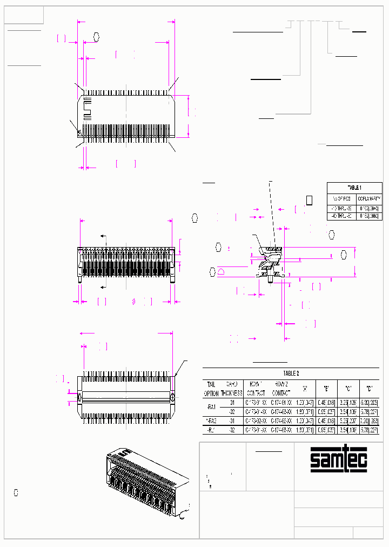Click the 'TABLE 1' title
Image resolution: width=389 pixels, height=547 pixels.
(x=354, y=187)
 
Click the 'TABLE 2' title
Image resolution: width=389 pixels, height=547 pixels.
(x=291, y=373)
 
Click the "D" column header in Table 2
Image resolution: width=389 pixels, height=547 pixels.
(x=369, y=389)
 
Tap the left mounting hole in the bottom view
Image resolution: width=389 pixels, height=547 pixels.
(x=81, y=397)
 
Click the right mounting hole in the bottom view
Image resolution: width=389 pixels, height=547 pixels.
(x=172, y=397)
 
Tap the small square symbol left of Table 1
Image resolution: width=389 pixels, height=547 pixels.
(x=310, y=200)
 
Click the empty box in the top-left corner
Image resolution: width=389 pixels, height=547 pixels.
(x=24, y=16)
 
